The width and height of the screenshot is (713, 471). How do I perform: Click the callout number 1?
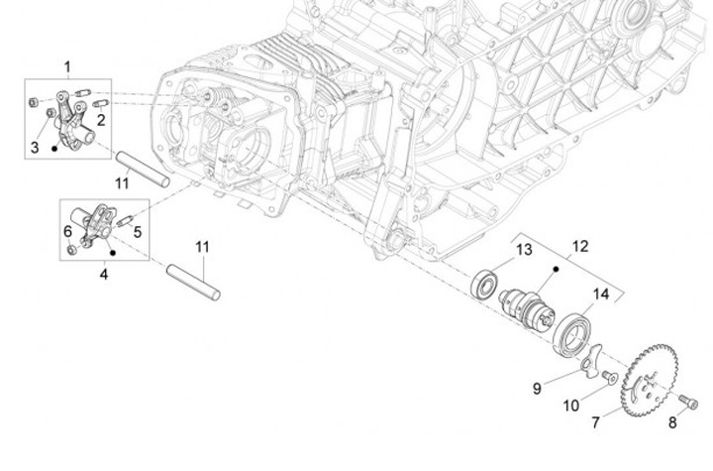coord(67,67)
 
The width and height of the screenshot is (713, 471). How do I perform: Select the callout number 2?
coord(101,119)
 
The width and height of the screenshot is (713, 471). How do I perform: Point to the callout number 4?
coord(103,274)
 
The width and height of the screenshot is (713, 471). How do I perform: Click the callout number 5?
coord(138,232)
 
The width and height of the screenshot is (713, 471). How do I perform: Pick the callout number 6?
coord(67,231)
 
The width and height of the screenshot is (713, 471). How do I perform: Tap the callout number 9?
coord(537,389)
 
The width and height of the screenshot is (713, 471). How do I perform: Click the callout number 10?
coord(571,406)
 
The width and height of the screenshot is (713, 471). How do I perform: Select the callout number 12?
coord(579,246)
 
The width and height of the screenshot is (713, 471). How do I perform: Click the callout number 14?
coord(601,294)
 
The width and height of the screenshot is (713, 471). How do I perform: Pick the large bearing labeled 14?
coord(573,331)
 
